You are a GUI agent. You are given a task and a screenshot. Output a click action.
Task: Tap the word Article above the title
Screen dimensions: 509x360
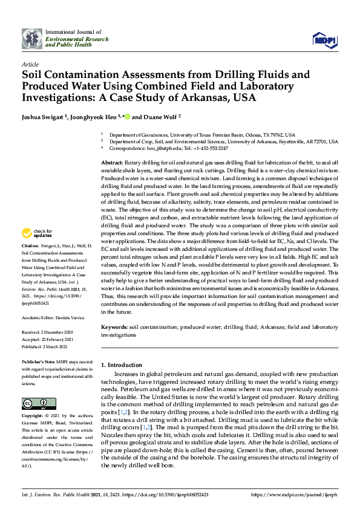coord(29,64)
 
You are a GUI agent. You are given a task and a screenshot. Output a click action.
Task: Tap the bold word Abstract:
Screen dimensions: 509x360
coord(111,164)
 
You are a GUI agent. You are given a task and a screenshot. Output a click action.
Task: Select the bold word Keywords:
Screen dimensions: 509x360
coord(114,327)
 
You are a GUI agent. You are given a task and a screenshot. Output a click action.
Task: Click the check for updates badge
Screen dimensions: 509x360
coord(37,250)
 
